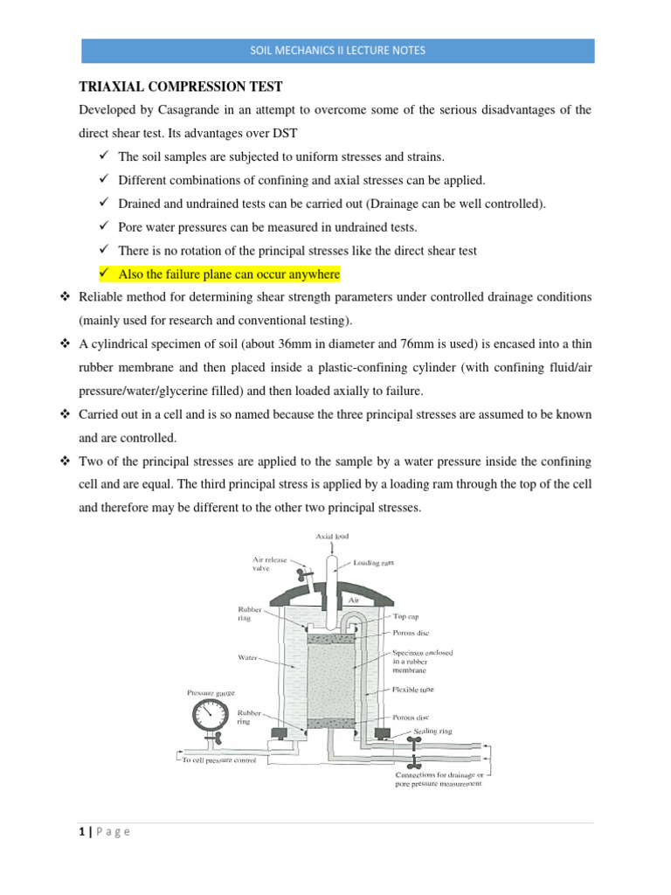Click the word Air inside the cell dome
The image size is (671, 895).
point(353,601)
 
